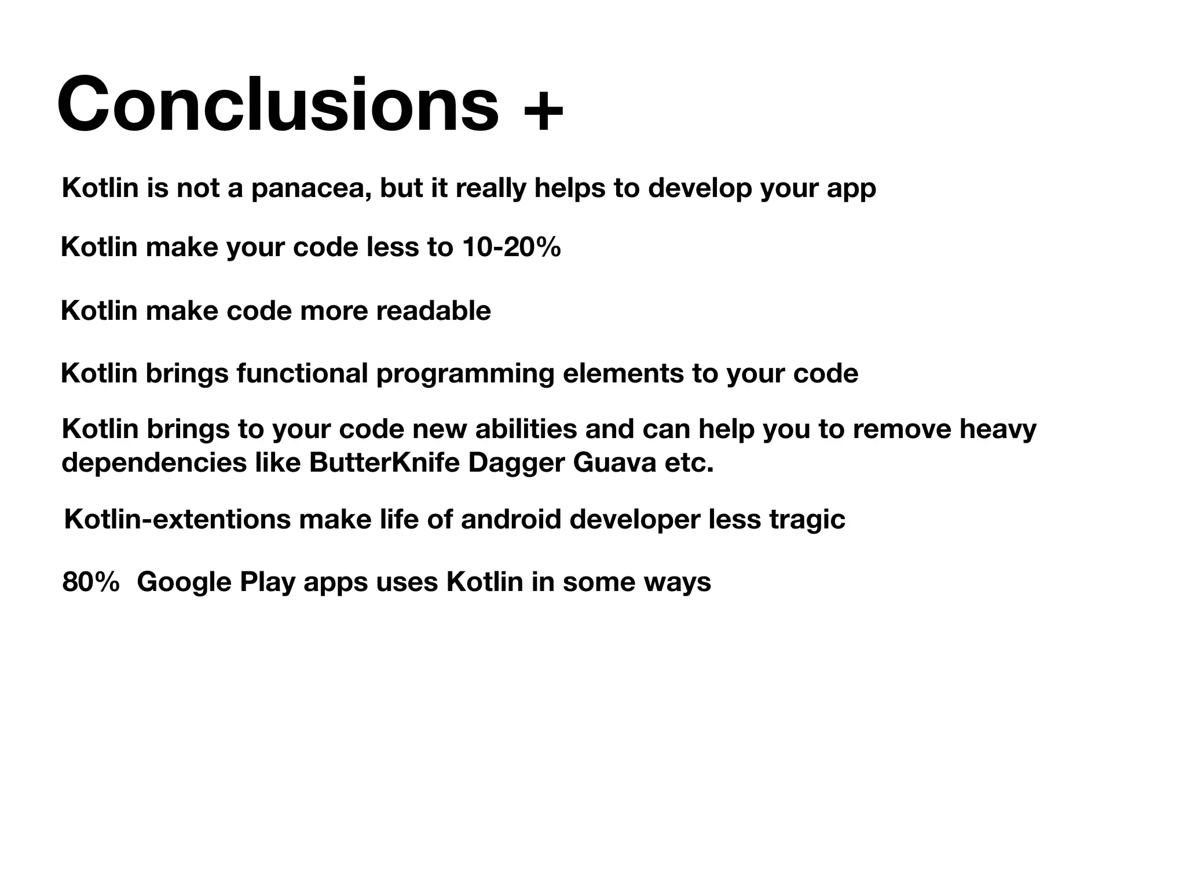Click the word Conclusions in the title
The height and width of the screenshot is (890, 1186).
(277, 105)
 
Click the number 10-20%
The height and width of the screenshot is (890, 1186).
(511, 247)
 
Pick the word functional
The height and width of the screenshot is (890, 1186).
(302, 374)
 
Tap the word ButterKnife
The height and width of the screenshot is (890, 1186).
(384, 463)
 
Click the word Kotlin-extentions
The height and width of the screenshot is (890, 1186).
(177, 519)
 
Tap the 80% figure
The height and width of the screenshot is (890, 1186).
(91, 582)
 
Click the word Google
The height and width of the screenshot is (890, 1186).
(184, 582)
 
